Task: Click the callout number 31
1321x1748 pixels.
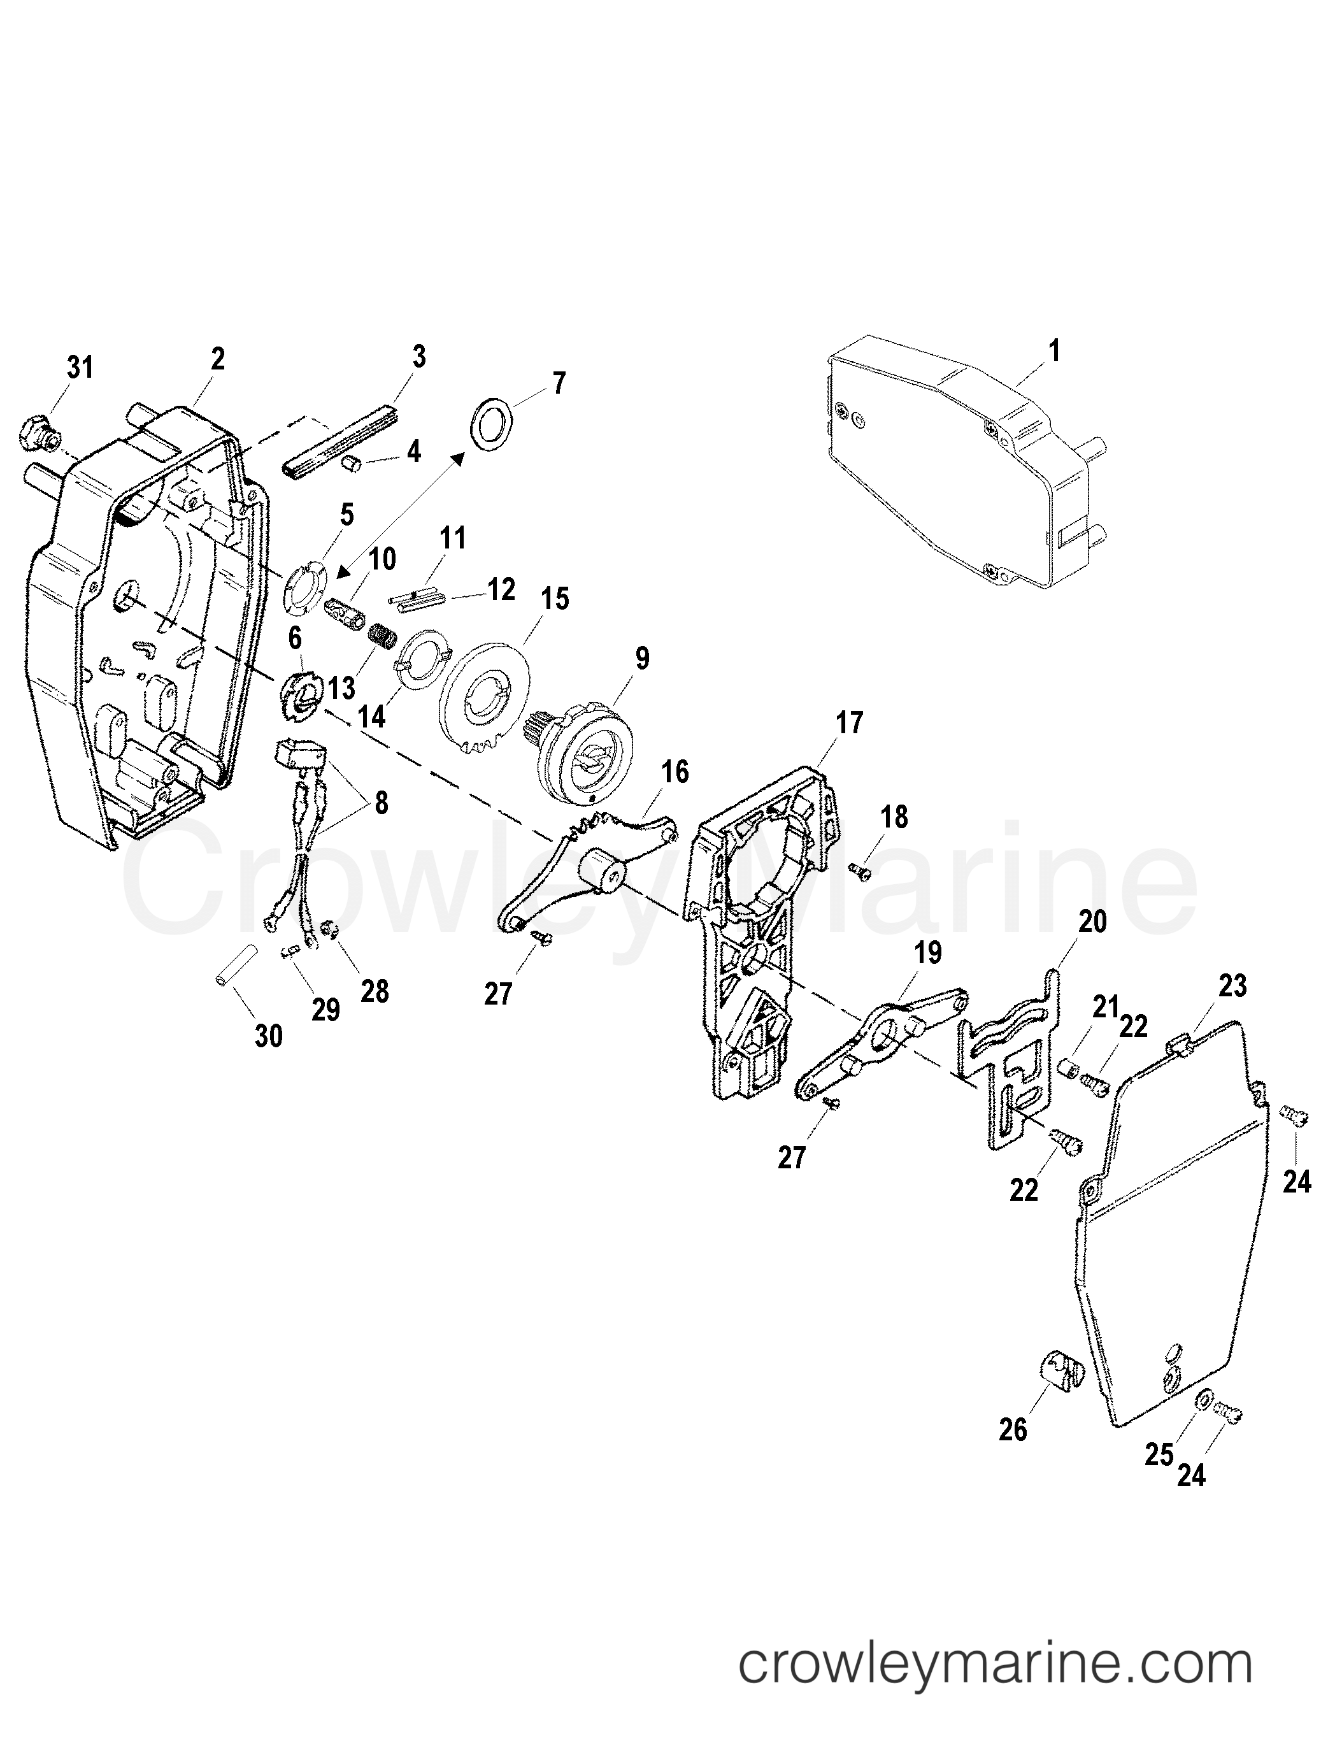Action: coord(80,368)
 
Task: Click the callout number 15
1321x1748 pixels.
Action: coord(555,598)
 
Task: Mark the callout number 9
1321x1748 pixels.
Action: coord(641,658)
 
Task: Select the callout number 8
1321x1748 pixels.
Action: coord(381,804)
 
